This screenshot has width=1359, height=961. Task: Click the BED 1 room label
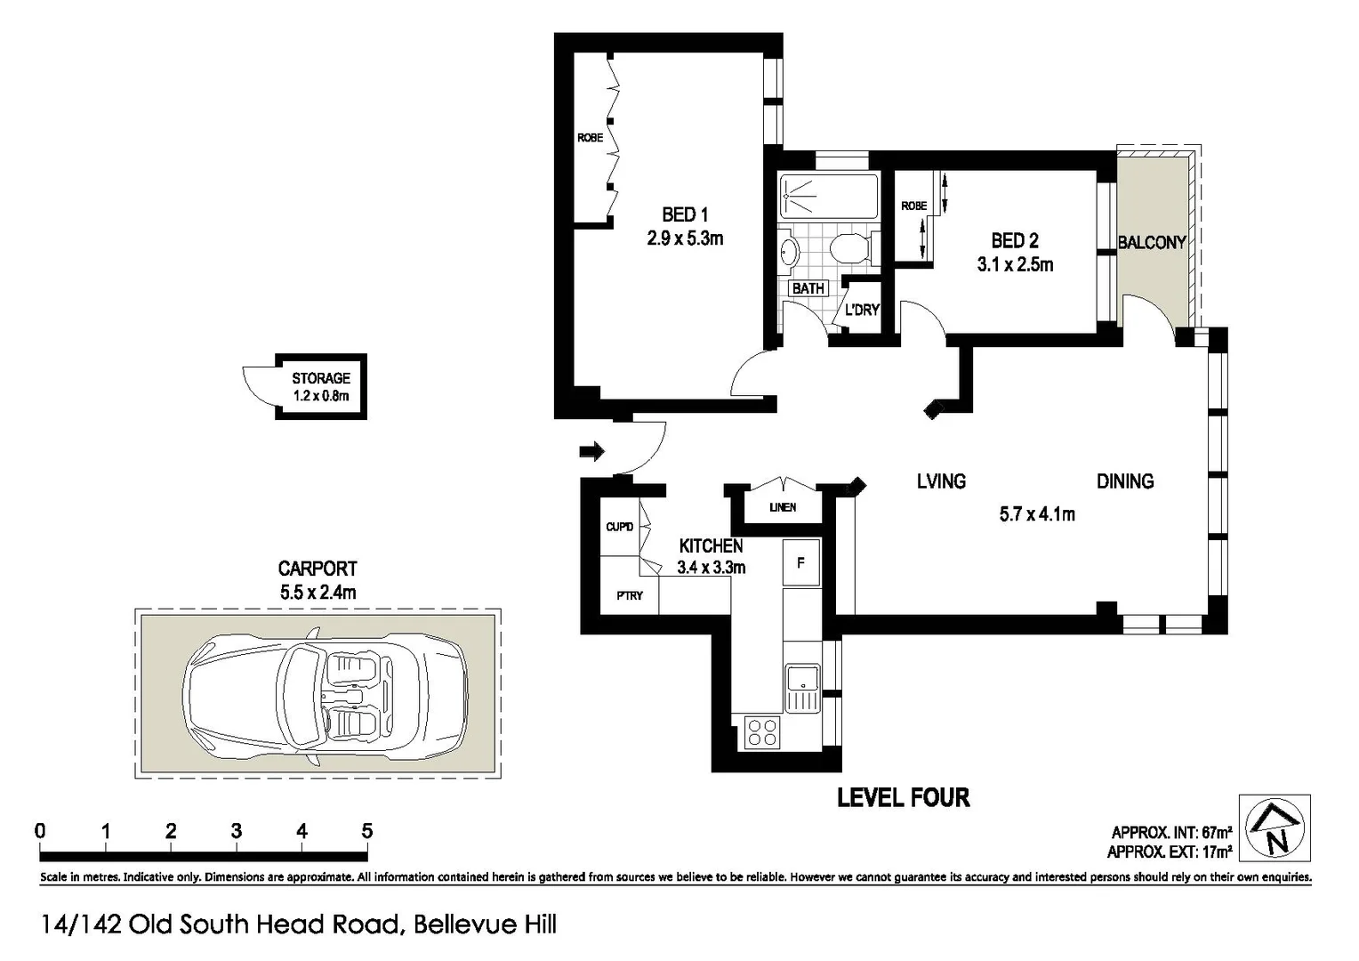684,214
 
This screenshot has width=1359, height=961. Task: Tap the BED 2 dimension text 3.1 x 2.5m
1014,264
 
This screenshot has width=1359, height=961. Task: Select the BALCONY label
1151,242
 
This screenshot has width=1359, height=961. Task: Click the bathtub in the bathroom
828,195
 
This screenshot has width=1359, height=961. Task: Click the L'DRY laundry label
861,310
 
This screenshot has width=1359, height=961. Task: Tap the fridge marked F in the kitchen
800,562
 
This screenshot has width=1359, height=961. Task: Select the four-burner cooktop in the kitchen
762,731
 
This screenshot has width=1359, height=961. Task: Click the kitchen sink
801,688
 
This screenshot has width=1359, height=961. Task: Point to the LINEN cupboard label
782,507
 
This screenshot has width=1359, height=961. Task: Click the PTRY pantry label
629,595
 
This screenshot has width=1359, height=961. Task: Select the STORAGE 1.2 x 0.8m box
320,387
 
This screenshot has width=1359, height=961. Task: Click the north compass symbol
1275,828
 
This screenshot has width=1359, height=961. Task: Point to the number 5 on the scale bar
366,831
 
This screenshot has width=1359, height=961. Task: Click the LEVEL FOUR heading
903,797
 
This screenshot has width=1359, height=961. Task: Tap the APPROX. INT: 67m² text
1170,833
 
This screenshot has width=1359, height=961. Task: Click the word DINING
1124,481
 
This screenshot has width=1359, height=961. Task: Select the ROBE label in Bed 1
590,137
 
